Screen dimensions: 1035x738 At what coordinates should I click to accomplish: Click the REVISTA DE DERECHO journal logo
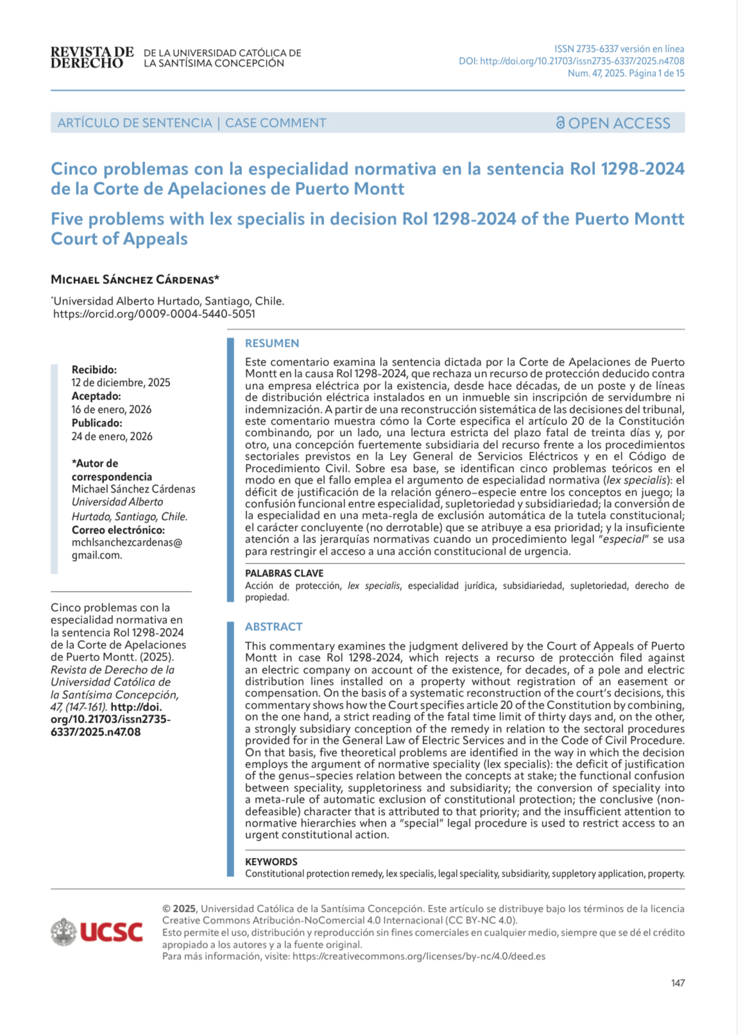[x=92, y=58]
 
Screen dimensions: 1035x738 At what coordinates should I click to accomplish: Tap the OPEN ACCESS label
[x=619, y=123]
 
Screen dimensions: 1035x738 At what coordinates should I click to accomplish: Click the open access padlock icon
[x=560, y=122]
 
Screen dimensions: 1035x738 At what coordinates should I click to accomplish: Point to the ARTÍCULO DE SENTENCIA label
[x=135, y=123]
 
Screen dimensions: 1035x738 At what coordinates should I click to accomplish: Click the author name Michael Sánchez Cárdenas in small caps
[x=135, y=280]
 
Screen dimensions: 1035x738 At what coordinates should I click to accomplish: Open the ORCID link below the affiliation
[x=154, y=314]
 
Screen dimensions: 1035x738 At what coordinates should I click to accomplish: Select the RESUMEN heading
[x=272, y=343]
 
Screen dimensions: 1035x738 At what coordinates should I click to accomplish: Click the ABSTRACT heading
[x=273, y=627]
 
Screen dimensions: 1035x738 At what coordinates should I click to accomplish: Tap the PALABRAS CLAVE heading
[x=284, y=573]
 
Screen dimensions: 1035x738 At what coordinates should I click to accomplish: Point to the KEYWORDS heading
[x=271, y=862]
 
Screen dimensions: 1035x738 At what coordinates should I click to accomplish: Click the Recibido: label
[x=94, y=369]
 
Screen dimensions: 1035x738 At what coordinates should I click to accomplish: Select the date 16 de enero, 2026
[x=112, y=409]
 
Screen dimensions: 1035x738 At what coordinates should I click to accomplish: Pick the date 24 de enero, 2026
[x=112, y=436]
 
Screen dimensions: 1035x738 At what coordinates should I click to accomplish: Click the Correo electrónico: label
[x=118, y=530]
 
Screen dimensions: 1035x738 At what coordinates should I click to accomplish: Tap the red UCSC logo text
[x=111, y=932]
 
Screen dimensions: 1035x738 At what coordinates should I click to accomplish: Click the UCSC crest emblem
[x=64, y=932]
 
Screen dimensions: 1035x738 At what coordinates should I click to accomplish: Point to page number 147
[x=678, y=983]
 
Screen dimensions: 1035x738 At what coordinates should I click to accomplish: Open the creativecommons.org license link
[x=418, y=956]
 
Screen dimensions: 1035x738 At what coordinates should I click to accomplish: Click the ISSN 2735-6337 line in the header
[x=619, y=49]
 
